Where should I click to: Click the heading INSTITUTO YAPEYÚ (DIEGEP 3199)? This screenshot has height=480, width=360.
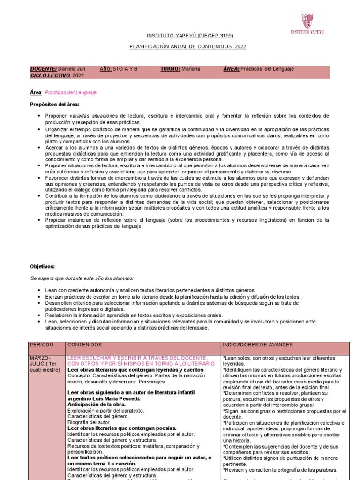pos(183,36)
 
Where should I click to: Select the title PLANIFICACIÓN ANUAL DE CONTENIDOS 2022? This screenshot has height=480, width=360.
pos(187,47)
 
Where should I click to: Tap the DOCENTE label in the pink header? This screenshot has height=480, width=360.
pos(44,69)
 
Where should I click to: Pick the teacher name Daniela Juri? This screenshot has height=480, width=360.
pos(72,69)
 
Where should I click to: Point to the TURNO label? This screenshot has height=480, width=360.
pos(170,69)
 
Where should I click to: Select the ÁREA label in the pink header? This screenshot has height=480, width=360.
pos(232,69)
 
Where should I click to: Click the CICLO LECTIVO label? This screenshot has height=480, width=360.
pos(50,75)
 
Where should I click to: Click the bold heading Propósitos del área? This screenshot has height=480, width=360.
pos(55,104)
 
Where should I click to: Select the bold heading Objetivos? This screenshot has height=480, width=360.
pos(43,266)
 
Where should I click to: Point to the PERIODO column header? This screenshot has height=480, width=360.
pos(42,345)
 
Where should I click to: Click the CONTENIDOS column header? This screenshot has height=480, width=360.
pos(85,345)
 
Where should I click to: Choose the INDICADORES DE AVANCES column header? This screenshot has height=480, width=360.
pos(258,345)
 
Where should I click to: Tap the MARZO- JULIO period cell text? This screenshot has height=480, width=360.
pos(45,364)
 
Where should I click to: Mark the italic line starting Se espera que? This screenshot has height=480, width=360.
pos(82,278)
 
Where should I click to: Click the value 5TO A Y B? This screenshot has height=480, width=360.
pos(125,69)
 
